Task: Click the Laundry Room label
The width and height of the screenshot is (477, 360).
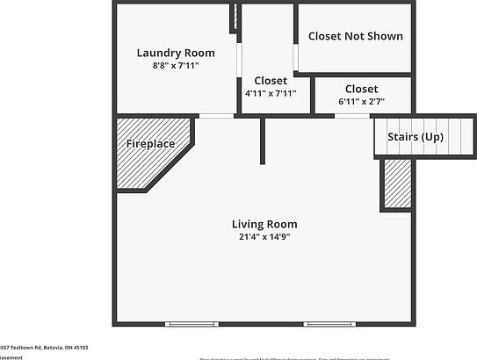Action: click(x=176, y=53)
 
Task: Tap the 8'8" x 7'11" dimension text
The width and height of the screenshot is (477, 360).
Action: click(x=176, y=65)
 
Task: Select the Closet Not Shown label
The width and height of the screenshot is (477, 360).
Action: click(x=356, y=37)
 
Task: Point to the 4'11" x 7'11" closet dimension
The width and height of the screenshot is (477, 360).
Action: click(x=270, y=93)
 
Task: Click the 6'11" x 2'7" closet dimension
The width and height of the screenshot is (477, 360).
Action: click(x=361, y=101)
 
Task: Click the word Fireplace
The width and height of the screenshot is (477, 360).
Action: click(x=150, y=143)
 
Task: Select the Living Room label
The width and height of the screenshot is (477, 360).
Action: click(x=264, y=224)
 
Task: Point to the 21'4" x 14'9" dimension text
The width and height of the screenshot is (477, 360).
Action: click(x=264, y=236)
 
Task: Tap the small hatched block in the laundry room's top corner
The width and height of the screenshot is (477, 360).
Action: click(x=235, y=18)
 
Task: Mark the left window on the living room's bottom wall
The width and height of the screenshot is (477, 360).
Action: click(x=192, y=324)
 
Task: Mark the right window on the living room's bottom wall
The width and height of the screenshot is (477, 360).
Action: click(x=329, y=324)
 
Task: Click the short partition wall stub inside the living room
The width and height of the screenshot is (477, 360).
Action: click(x=262, y=140)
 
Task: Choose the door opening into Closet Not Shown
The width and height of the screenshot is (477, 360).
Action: click(x=296, y=57)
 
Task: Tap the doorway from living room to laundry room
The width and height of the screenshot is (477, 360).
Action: click(x=216, y=116)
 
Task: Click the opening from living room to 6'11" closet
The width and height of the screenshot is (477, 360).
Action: click(x=351, y=116)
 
